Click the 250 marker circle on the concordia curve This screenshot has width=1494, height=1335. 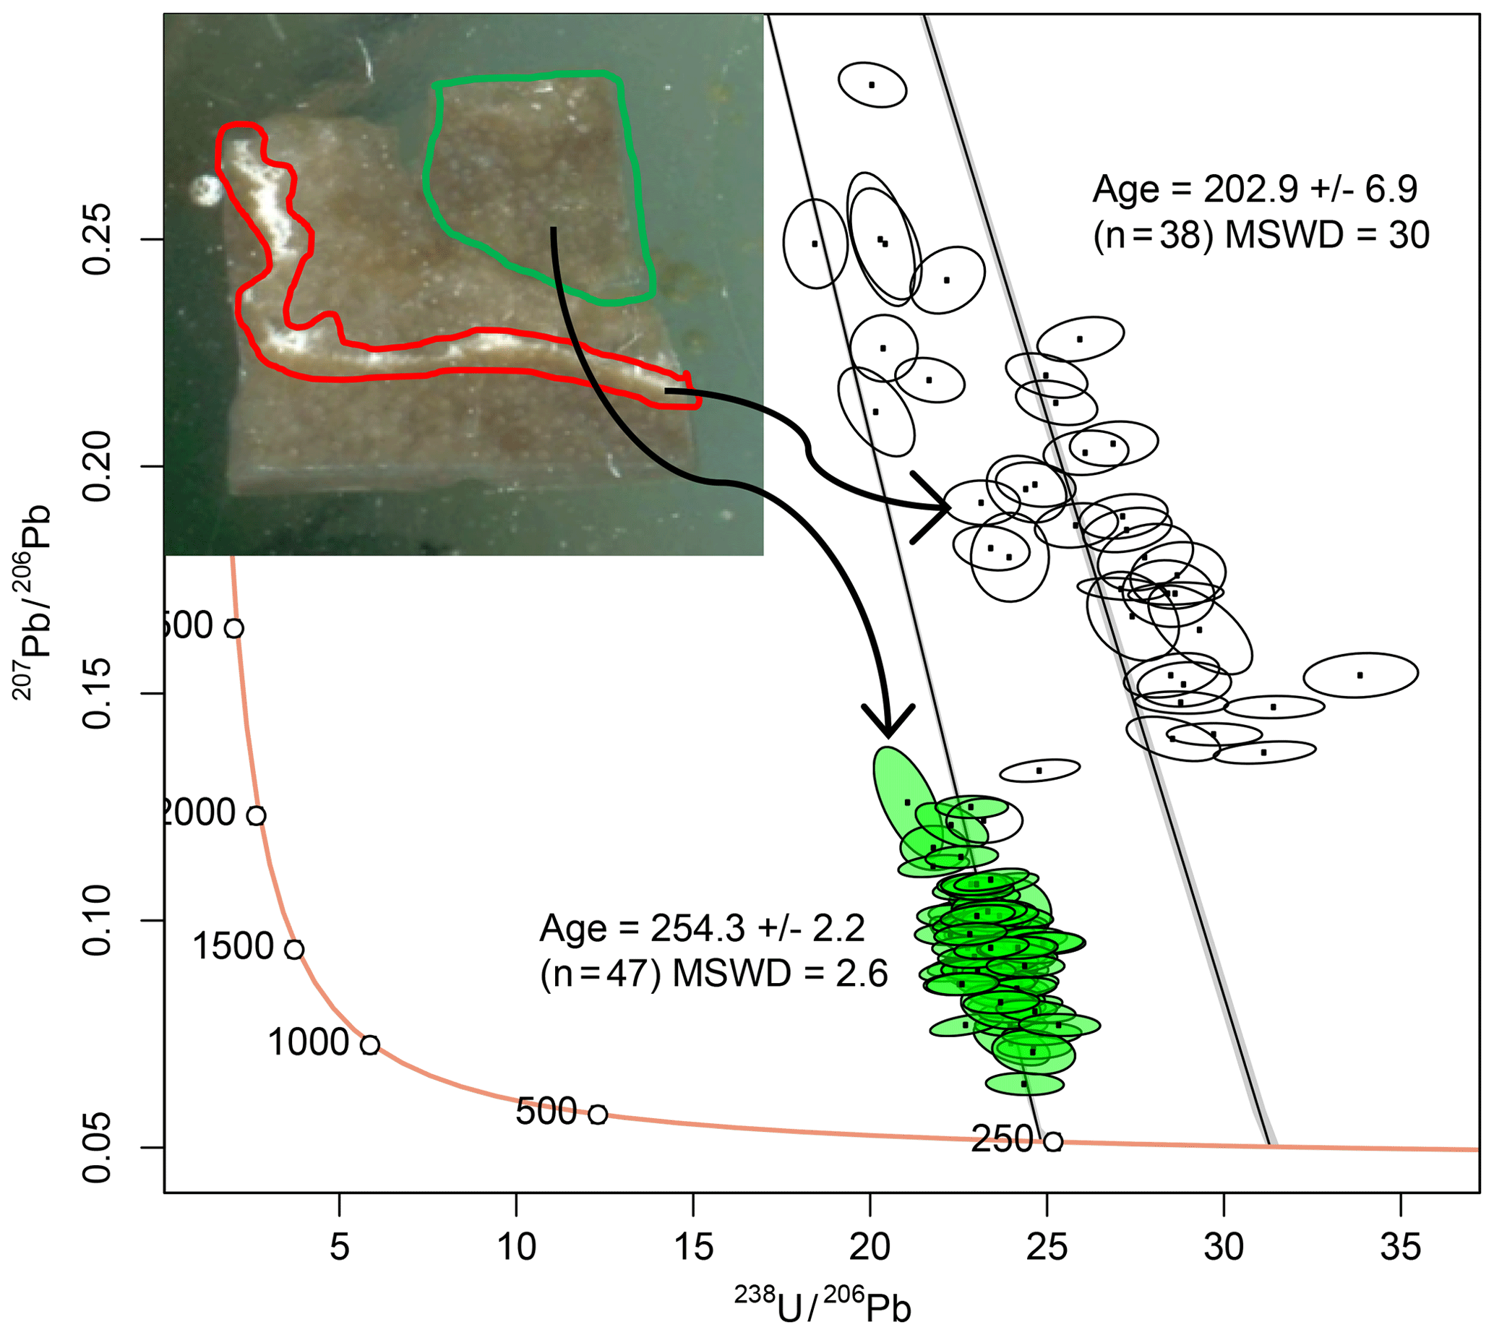tap(1052, 1141)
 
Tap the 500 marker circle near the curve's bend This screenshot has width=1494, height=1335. tap(598, 1115)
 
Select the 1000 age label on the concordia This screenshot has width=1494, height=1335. tap(309, 1042)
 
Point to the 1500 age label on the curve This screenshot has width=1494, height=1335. tap(233, 946)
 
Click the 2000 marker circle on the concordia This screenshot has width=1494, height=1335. tap(255, 815)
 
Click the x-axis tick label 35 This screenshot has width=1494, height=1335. tap(1400, 1248)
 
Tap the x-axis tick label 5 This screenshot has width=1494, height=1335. tap(339, 1248)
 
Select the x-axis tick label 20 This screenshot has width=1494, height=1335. tap(870, 1248)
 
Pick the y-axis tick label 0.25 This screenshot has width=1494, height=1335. tap(98, 239)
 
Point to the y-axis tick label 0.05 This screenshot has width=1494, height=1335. tap(98, 1147)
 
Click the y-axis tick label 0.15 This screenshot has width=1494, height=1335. tap(98, 693)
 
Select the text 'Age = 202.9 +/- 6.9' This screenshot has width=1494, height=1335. tap(1255, 190)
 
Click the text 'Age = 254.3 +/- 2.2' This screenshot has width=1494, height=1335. tap(702, 929)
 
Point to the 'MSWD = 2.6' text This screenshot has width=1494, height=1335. tap(781, 974)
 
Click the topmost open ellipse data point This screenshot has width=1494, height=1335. tap(872, 85)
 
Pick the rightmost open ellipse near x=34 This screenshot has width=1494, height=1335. tap(1360, 675)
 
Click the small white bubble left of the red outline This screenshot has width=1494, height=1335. tap(205, 191)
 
